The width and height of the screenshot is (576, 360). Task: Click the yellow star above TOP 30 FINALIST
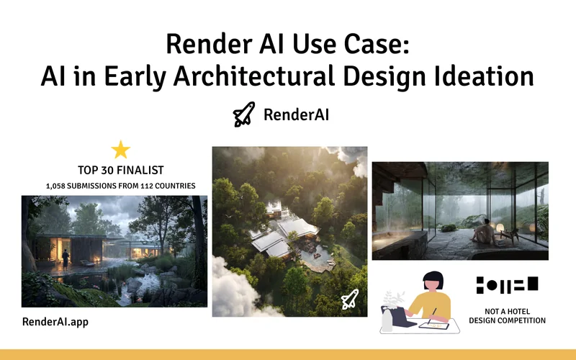[x=121, y=149]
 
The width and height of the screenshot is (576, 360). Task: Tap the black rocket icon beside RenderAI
[x=244, y=114]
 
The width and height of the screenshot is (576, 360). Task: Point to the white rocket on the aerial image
[x=349, y=300]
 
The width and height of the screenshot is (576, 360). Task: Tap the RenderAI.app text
[x=55, y=322]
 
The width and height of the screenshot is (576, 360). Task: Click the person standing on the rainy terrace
[x=65, y=258]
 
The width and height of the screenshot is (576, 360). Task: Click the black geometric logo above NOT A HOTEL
[x=507, y=284]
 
